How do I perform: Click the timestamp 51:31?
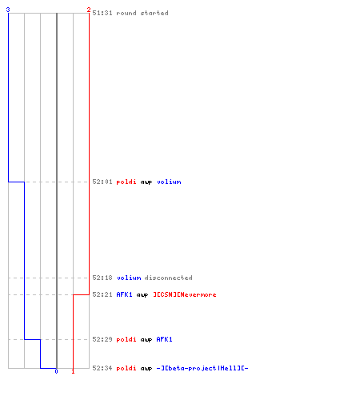tap(102, 13)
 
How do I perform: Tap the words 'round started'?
tap(142, 13)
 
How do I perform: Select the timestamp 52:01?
tap(102, 182)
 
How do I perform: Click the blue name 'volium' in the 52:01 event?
tap(169, 182)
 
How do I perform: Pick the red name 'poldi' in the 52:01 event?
tap(126, 182)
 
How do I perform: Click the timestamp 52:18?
tap(102, 278)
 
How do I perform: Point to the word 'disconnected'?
tap(168, 278)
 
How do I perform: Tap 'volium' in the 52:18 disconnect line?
tap(129, 278)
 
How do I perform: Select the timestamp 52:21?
tap(102, 294)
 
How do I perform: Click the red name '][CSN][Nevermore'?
tap(185, 294)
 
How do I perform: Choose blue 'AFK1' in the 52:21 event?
tap(124, 294)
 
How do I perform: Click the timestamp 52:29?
tap(102, 339)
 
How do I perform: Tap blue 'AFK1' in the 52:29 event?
tap(164, 339)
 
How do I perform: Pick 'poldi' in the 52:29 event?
tap(126, 339)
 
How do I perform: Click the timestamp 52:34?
tap(102, 368)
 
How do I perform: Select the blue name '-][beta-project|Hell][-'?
tap(202, 368)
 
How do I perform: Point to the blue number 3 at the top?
tap(8, 10)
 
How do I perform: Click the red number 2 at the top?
tap(89, 10)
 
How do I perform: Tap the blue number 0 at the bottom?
tap(56, 371)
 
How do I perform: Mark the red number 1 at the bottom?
tap(73, 371)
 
